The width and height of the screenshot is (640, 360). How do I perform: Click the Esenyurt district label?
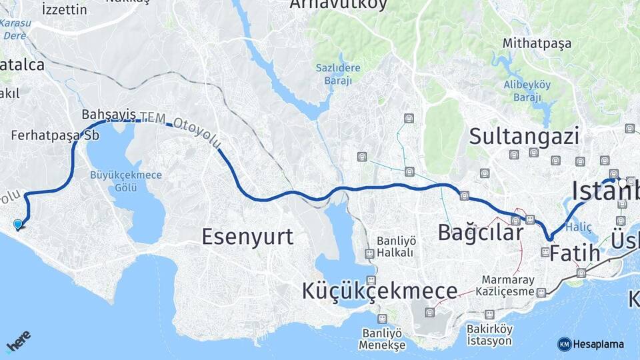point(247,237)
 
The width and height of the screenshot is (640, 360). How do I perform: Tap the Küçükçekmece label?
point(379,291)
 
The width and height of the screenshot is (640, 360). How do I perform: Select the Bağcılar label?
point(480,233)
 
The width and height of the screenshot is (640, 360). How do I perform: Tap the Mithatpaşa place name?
point(537,44)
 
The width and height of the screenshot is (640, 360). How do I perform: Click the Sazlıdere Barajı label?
point(339,73)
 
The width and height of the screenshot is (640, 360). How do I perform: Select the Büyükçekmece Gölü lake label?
point(126,180)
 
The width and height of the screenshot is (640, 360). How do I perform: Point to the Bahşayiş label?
point(109,114)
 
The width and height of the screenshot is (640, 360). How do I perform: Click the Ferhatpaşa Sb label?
point(55,135)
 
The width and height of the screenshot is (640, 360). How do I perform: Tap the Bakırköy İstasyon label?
point(489,335)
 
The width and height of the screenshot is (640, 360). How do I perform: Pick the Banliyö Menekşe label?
point(382,339)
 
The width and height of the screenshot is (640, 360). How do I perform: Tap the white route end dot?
point(622,182)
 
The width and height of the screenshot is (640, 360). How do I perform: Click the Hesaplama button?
point(591,344)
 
